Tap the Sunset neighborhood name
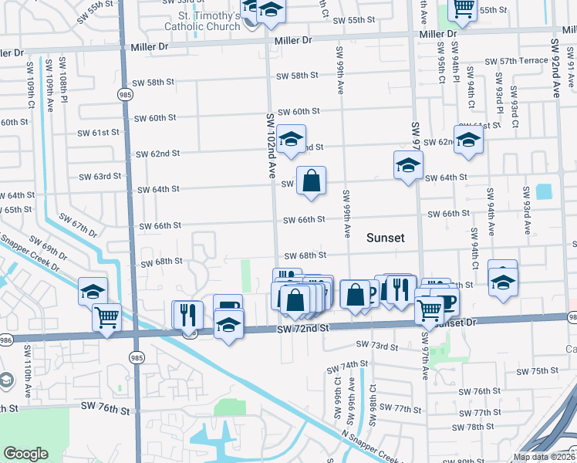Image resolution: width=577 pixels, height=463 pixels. [385, 238]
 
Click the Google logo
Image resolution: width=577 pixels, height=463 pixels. [26, 454]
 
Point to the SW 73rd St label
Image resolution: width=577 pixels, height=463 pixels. [376, 346]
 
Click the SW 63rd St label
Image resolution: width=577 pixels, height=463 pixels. [100, 176]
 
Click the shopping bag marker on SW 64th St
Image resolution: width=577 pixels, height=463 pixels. [311, 182]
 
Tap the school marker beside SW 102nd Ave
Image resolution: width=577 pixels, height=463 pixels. [291, 140]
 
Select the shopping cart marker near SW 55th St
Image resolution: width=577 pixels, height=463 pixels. [462, 8]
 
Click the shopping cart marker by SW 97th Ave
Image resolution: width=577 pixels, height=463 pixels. [430, 310]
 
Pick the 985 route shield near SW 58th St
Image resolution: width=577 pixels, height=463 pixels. [124, 93]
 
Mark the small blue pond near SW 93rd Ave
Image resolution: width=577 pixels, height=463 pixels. [544, 191]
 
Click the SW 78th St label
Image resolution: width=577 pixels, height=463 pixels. [474, 426]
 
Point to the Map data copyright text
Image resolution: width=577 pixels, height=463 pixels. [544, 457]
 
